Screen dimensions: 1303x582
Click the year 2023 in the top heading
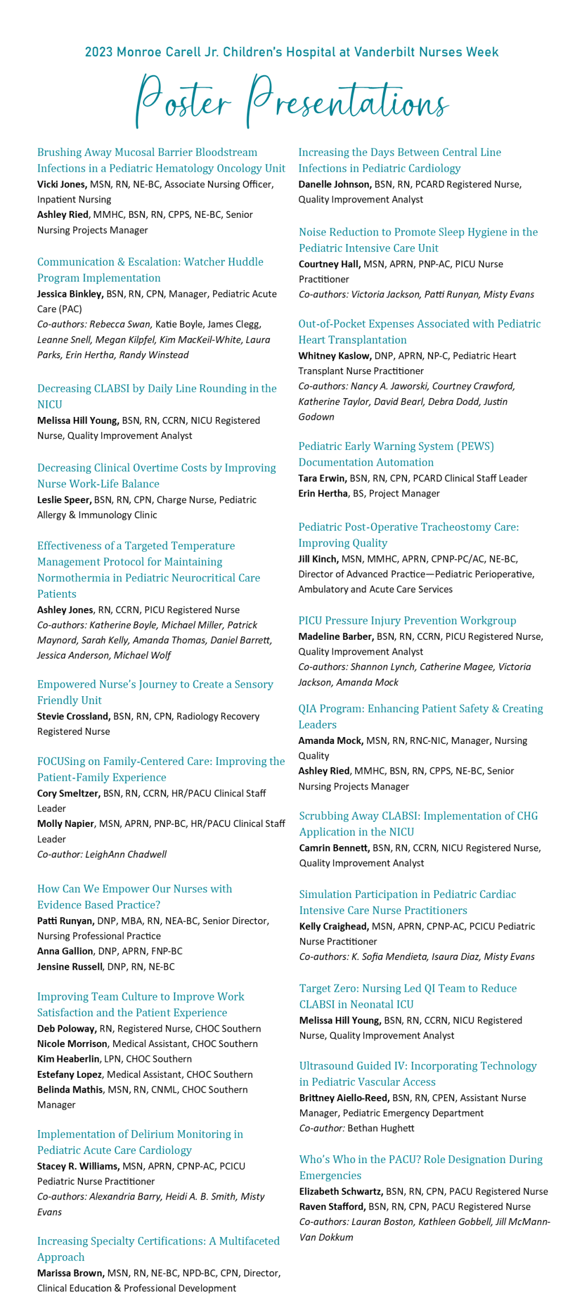pyautogui.click(x=99, y=52)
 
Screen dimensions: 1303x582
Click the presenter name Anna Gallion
pyautogui.click(x=65, y=952)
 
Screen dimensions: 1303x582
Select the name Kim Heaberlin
pyautogui.click(x=68, y=1060)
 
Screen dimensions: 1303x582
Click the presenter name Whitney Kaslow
pyautogui.click(x=335, y=356)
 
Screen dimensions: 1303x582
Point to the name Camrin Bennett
pyautogui.click(x=334, y=848)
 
